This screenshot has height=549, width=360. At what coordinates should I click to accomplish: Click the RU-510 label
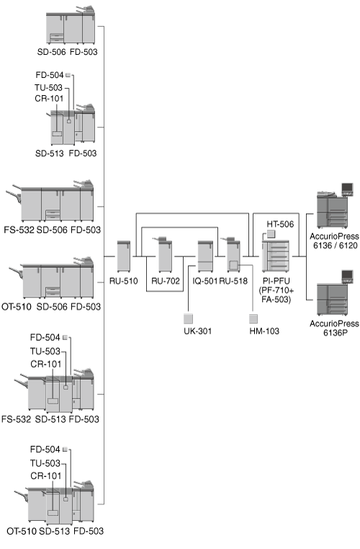coord(124,281)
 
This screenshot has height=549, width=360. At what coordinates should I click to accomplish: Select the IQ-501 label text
coord(204,281)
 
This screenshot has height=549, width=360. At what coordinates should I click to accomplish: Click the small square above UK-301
coord(188,318)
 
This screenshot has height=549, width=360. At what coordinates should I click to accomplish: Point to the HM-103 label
coord(264,331)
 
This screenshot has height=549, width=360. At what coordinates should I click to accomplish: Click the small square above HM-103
coord(253,318)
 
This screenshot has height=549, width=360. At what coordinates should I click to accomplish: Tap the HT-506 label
coord(280,224)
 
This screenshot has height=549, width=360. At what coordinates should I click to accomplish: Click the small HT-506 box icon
coord(271,234)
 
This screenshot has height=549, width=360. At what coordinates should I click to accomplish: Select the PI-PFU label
coord(276,281)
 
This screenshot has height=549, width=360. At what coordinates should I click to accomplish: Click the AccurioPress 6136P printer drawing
coord(332,293)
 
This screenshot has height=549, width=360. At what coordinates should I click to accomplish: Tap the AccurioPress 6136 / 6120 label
coord(335,241)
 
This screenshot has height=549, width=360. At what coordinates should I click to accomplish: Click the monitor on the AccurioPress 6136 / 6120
coord(348,189)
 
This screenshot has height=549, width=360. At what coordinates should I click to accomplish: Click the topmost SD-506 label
coord(51,52)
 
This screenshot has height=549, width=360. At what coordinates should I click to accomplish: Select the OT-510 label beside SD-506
coord(17,307)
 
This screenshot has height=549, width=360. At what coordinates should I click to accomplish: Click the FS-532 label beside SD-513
coord(16,419)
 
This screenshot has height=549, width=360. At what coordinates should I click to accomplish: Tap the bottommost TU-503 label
coord(45,463)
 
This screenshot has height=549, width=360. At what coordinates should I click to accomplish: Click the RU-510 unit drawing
coord(124,256)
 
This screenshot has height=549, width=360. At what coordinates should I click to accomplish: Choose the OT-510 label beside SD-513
coord(22,531)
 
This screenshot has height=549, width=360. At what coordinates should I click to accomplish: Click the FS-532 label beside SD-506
coord(19,230)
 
